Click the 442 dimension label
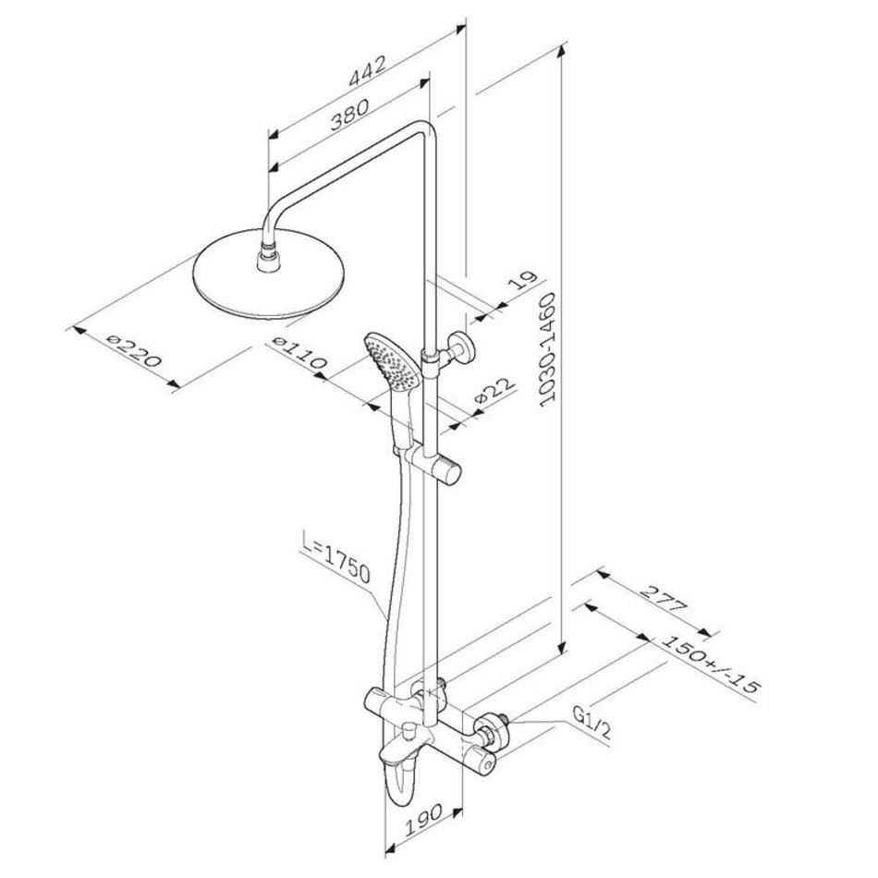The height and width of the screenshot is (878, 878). pyautogui.click(x=367, y=71)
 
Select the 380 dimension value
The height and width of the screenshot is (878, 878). pyautogui.click(x=349, y=115)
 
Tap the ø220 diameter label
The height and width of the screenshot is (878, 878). pyautogui.click(x=134, y=351)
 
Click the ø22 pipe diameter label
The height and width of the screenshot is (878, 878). pyautogui.click(x=494, y=392)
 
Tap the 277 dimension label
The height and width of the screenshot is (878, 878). pyautogui.click(x=663, y=599)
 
